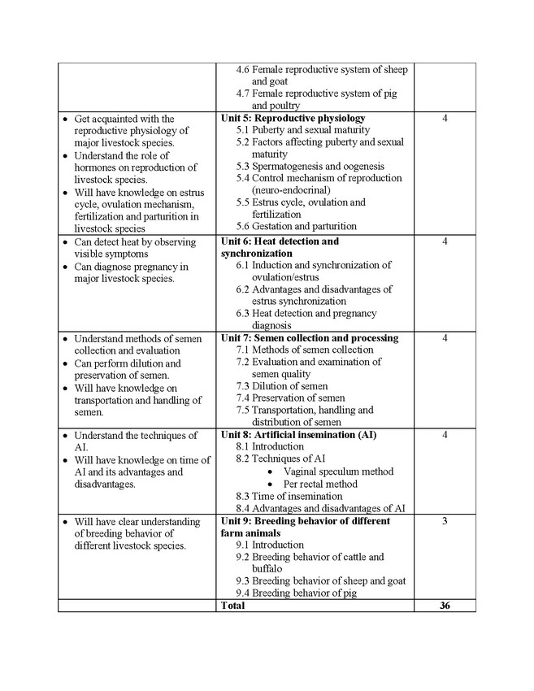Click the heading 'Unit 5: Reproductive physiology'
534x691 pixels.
pos(293,118)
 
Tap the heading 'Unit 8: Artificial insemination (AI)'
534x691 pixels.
pos(298,435)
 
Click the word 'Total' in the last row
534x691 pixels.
pos(232,606)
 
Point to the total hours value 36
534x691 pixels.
pos(445,606)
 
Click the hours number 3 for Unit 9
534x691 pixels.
pos(445,521)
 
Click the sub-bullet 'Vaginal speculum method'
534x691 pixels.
pos(338,472)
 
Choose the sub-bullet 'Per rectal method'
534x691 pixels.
pos(320,484)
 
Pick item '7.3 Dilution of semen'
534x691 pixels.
pos(282,386)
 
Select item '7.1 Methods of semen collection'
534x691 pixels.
pos(305,350)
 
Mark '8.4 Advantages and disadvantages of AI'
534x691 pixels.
pos(320,508)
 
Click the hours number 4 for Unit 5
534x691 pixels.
pos(445,119)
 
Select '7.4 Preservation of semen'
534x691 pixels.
pos(290,398)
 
